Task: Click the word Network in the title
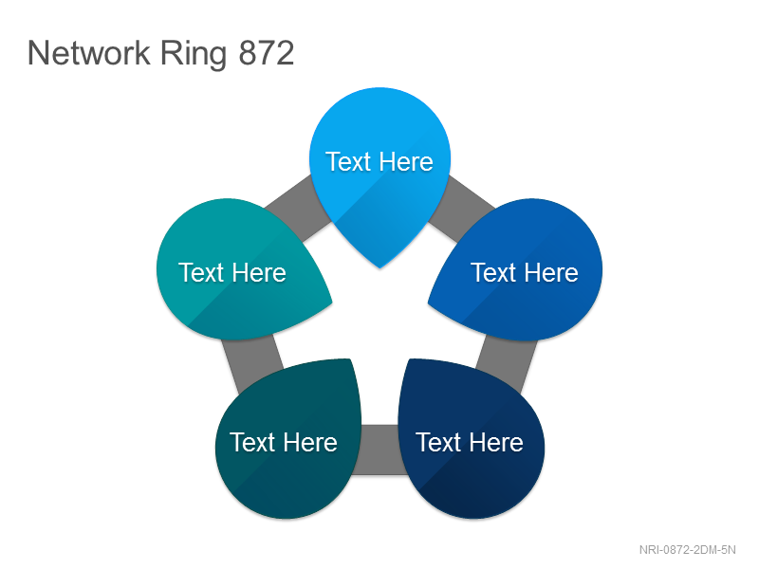[89, 53]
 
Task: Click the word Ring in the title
[194, 55]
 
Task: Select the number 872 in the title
[267, 53]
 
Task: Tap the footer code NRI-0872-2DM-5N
[687, 550]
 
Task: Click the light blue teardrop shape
[380, 170]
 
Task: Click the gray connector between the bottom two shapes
[380, 450]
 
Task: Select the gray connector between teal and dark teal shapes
[252, 362]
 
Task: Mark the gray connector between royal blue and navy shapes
[507, 363]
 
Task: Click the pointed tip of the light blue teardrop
[380, 267]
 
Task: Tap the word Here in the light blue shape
[407, 161]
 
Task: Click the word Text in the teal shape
[201, 272]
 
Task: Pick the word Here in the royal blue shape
[553, 272]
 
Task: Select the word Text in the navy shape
[438, 442]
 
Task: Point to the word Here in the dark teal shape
[311, 442]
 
